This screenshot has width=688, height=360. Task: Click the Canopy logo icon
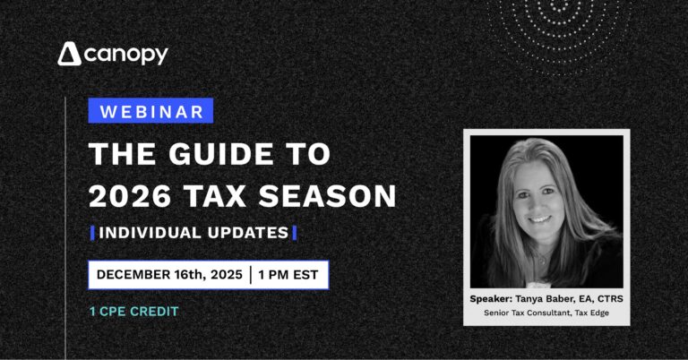pyautogui.click(x=70, y=55)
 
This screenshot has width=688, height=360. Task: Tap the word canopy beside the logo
pyautogui.click(x=126, y=56)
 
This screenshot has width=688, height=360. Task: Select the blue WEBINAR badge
pyautogui.click(x=150, y=111)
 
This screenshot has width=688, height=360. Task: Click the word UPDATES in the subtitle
pyautogui.click(x=248, y=233)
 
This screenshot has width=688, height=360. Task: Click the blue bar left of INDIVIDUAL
pyautogui.click(x=91, y=233)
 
